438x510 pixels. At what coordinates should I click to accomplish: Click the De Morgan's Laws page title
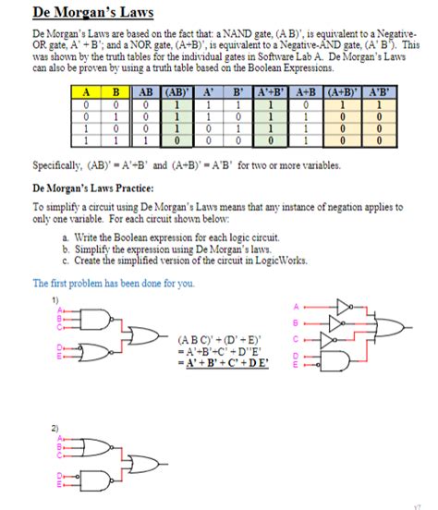[92, 14]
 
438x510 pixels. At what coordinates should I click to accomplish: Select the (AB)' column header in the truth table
[174, 91]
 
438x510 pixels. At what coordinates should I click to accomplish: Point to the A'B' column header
[378, 91]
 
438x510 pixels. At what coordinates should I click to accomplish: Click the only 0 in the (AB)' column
[174, 142]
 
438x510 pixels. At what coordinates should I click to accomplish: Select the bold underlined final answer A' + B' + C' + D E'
[222, 363]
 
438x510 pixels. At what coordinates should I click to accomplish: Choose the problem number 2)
[55, 428]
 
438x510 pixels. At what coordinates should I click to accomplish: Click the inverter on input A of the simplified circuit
[344, 305]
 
